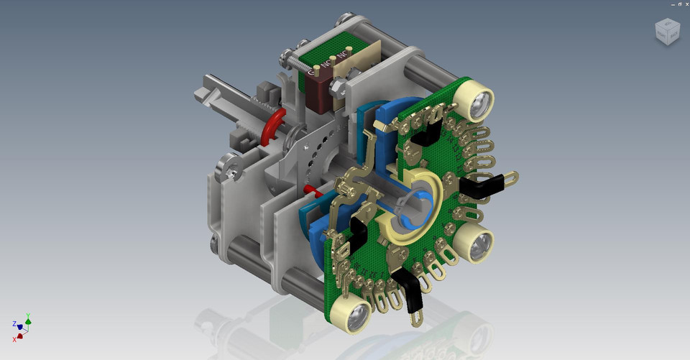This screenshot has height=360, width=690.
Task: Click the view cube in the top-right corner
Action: [666, 31]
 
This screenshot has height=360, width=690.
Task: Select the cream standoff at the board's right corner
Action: [475, 244]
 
